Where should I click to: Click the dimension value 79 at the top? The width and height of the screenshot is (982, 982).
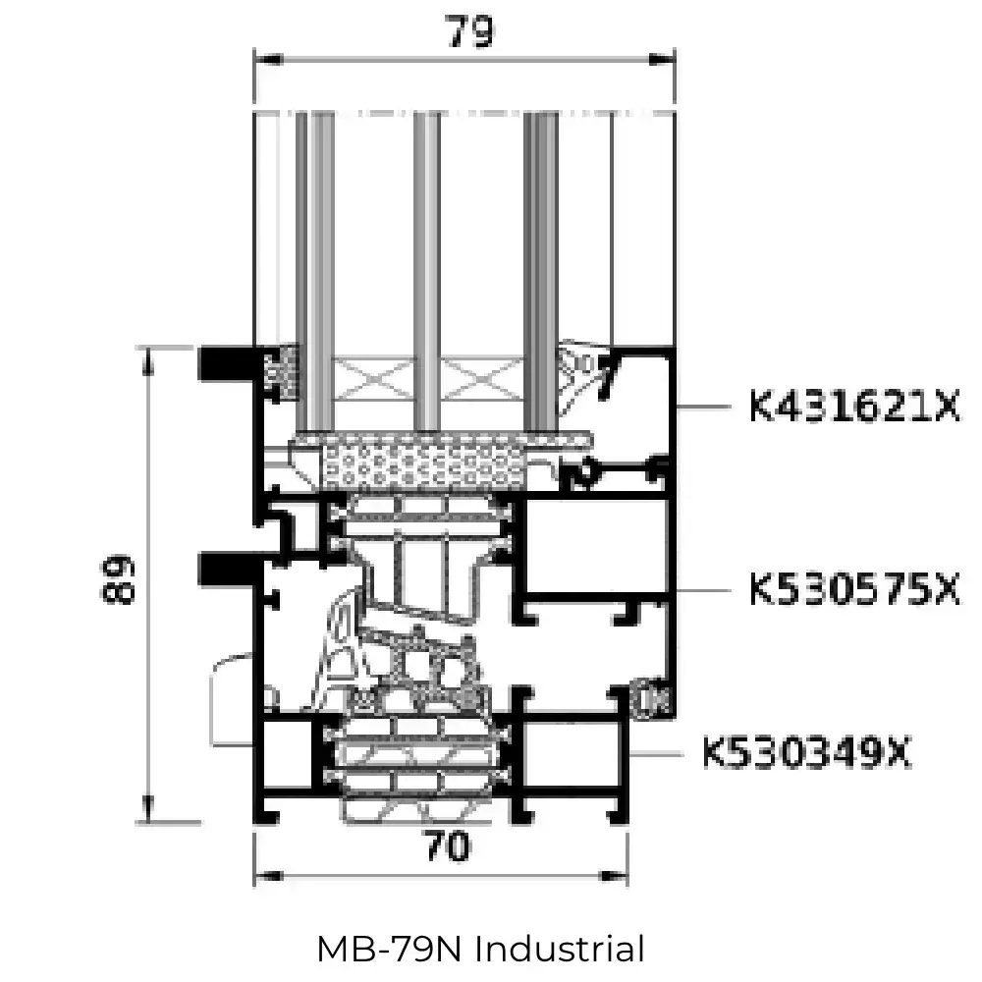tap(468, 31)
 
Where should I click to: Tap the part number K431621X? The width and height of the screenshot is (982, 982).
tap(853, 406)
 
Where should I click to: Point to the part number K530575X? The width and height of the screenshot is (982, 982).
tap(853, 590)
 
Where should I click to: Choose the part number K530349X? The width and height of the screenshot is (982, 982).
tap(806, 754)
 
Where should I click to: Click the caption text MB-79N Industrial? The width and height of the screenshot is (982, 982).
tap(480, 950)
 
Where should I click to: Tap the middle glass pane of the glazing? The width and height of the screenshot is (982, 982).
tap(425, 265)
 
